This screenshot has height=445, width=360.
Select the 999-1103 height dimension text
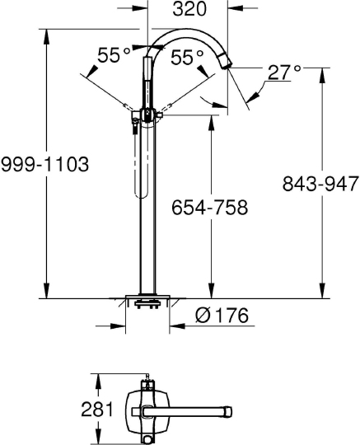tap(44, 164)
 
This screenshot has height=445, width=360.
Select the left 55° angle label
tap(114, 56)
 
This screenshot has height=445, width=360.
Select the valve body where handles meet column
tap(148, 115)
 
